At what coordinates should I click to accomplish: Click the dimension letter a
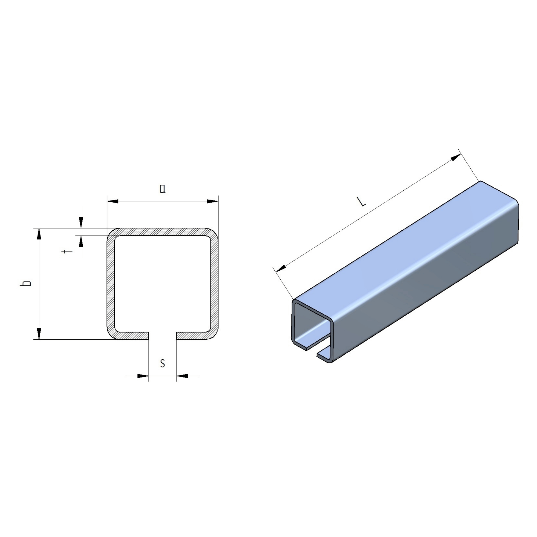[x=163, y=189]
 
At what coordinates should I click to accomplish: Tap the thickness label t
[x=67, y=252]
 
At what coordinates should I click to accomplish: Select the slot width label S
[x=163, y=363]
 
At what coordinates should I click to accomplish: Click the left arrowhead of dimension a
[x=113, y=201]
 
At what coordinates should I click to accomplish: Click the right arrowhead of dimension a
[x=213, y=201]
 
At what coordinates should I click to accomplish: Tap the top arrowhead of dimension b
[x=39, y=234]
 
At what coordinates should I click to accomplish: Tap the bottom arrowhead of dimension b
[x=39, y=334]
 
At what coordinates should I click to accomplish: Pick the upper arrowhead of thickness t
[x=81, y=223]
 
